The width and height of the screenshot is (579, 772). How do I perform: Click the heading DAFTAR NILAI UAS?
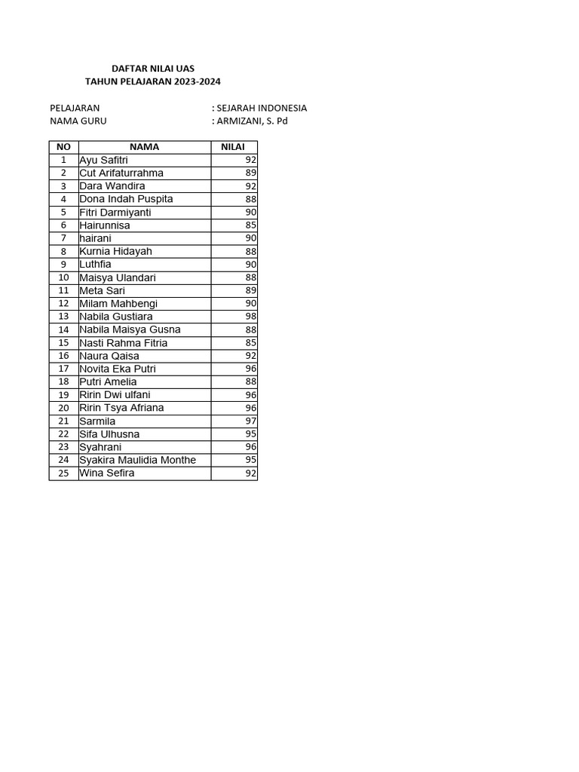click(152, 69)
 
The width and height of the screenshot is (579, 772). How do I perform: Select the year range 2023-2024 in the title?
click(198, 81)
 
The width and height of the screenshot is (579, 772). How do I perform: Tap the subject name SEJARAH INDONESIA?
click(262, 108)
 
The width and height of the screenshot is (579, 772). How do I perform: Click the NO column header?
click(63, 147)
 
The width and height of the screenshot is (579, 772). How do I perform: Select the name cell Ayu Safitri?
click(104, 160)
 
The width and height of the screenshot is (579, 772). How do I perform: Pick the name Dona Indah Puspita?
click(126, 199)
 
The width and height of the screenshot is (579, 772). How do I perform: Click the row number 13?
click(63, 317)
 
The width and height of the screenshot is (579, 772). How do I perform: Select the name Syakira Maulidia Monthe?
click(137, 460)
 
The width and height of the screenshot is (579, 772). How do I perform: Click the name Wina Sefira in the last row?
click(107, 473)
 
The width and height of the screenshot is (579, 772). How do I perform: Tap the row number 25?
click(63, 473)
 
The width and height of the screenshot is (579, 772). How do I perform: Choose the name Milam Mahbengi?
click(118, 303)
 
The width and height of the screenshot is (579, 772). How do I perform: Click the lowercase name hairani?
click(95, 238)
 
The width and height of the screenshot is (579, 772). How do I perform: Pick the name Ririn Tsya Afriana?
click(121, 408)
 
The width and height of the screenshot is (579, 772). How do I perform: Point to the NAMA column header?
click(144, 147)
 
